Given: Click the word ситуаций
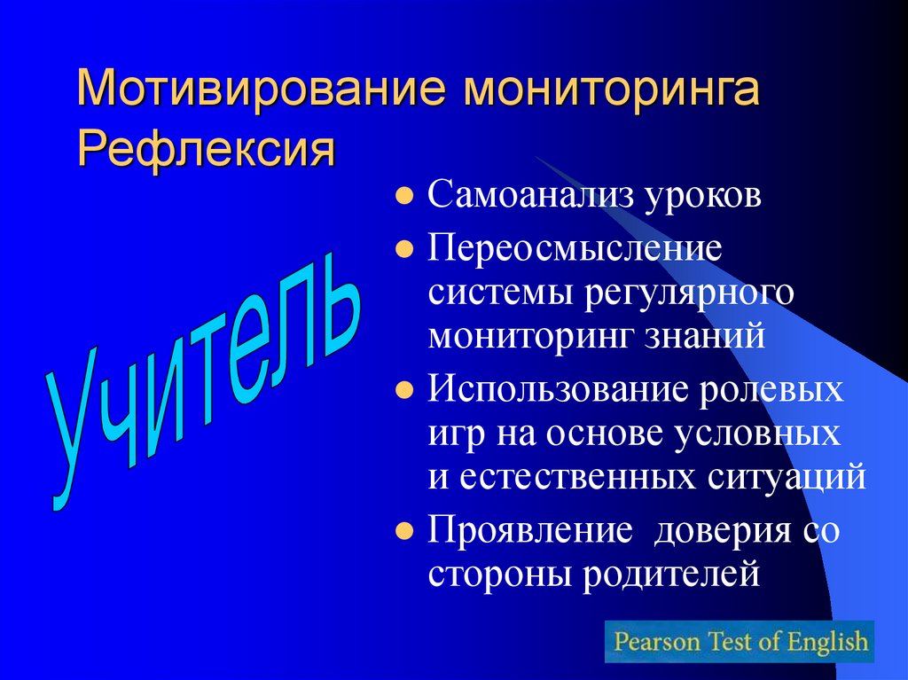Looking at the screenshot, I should pos(786,478).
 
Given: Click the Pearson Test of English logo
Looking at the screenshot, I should pos(740,641).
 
